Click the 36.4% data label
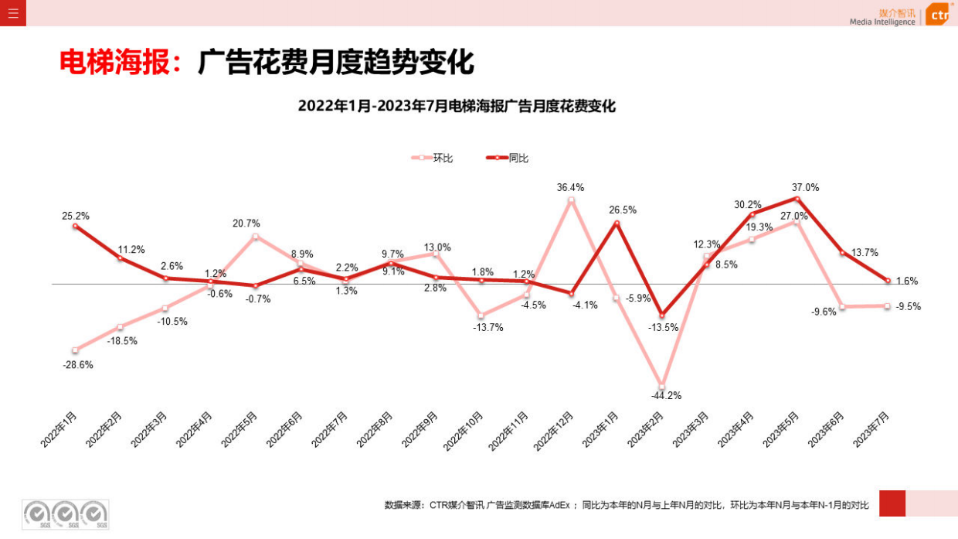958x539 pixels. [570, 187]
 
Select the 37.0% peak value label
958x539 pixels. [805, 187]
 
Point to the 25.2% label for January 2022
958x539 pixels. [76, 216]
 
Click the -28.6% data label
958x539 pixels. [78, 364]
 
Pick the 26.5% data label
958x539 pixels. [623, 210]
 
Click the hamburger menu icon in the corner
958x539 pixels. [13, 13]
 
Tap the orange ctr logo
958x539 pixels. [937, 14]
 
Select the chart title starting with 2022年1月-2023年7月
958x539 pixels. [457, 107]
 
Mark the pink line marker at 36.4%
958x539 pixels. [571, 200]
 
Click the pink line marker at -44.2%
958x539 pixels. [661, 386]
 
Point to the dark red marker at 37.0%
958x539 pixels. [797, 199]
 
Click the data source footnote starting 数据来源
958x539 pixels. [627, 505]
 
